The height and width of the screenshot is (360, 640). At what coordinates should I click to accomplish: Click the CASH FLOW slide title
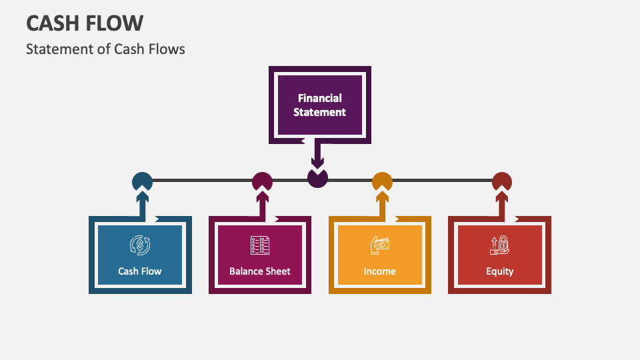tap(85, 24)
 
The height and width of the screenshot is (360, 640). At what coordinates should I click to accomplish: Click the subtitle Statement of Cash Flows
tap(105, 49)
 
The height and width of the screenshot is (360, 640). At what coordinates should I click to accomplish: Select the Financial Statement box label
tap(320, 105)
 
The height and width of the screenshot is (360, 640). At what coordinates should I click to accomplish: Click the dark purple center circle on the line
tap(317, 179)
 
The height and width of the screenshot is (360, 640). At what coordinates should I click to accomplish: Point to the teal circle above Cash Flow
tap(142, 181)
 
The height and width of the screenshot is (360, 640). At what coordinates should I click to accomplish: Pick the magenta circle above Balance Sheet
tap(262, 181)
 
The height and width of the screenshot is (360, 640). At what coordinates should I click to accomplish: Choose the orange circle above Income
tap(382, 181)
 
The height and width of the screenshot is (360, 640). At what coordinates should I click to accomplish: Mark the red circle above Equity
tap(501, 181)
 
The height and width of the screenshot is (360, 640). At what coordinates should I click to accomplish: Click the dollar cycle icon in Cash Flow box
tap(140, 245)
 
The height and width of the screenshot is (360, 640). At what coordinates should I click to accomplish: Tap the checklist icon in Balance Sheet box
tap(260, 245)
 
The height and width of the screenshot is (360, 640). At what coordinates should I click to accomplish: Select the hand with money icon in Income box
tap(380, 245)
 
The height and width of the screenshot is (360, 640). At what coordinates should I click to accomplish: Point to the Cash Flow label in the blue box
tap(140, 271)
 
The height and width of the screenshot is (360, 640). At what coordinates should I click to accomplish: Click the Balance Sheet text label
tap(260, 271)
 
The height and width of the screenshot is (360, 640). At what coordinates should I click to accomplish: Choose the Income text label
tap(380, 271)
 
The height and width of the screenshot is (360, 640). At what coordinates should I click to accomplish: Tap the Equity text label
tap(500, 271)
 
